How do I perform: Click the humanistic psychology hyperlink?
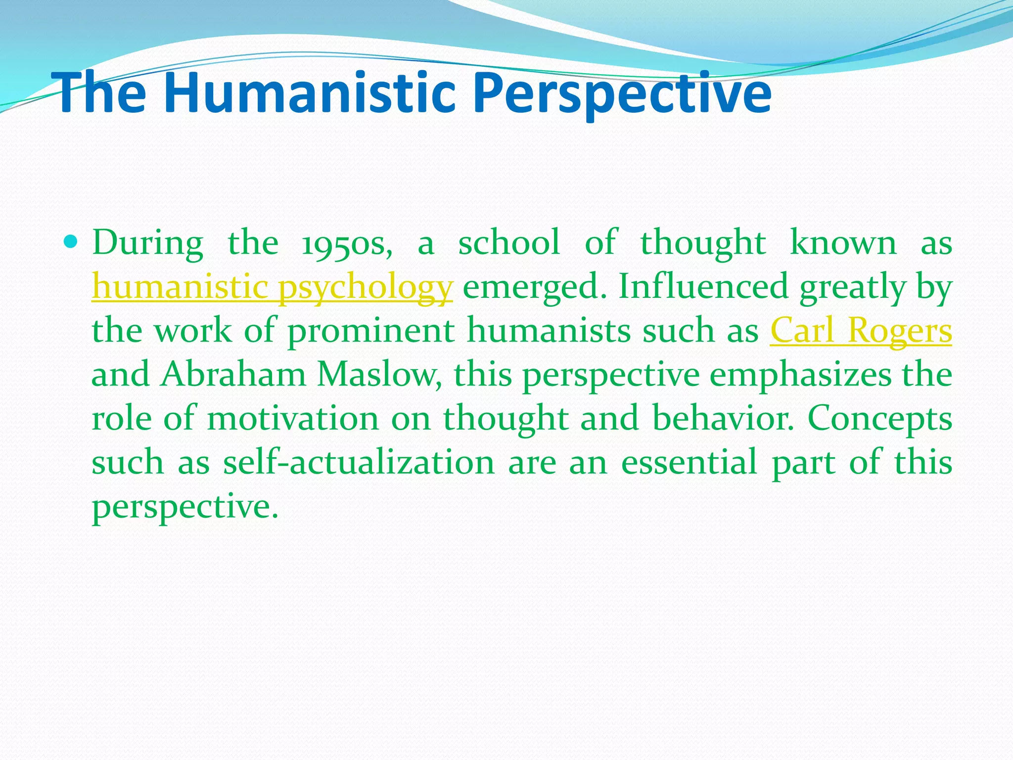272,287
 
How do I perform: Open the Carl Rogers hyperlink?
861,331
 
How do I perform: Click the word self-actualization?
359,462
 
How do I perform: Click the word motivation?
292,418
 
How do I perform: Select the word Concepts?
879,418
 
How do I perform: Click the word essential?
689,462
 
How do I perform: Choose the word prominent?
371,331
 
